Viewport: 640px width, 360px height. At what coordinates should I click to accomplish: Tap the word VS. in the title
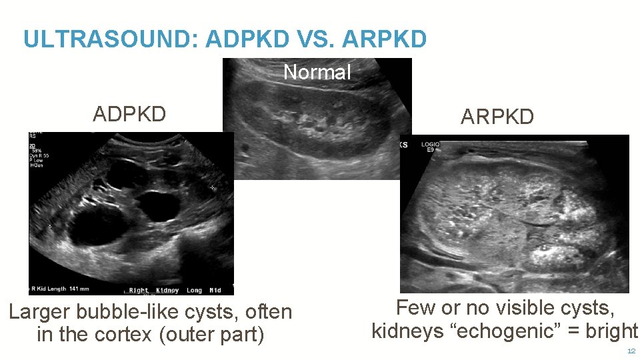tap(311, 39)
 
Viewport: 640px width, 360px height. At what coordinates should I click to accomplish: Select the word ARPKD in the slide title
tap(384, 39)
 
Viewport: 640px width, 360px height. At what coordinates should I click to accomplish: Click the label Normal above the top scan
tap(317, 72)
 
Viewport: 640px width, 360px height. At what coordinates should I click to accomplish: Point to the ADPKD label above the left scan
tap(129, 115)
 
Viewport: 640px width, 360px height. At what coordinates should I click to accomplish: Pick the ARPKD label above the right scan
tap(497, 117)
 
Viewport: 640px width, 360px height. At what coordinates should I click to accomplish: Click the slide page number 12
tap(631, 351)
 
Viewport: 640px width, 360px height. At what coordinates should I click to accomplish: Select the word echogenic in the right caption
tap(509, 331)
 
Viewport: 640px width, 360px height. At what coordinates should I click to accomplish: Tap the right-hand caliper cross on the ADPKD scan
tap(213, 189)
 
